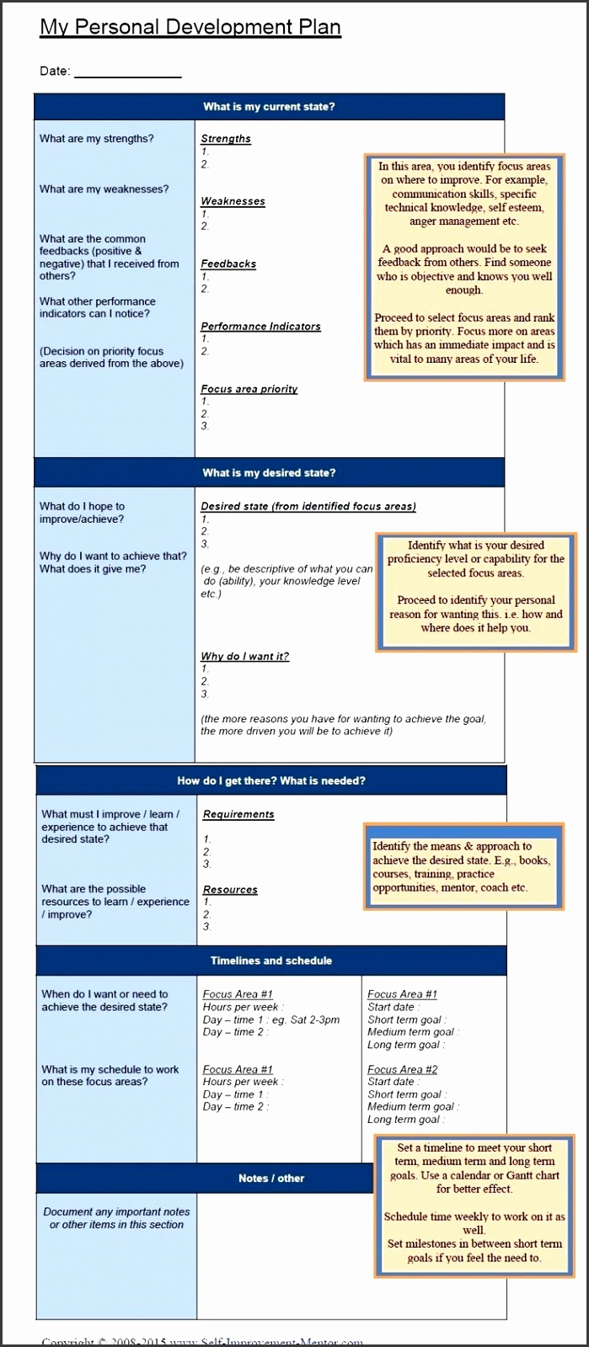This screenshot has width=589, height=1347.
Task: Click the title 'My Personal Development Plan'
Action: pos(190,27)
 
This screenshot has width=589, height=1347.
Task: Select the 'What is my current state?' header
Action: pos(269,107)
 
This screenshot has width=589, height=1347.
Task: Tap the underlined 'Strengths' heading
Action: pos(226,139)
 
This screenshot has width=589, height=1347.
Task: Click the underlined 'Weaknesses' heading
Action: pos(233,201)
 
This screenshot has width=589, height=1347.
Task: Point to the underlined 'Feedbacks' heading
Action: pos(228,264)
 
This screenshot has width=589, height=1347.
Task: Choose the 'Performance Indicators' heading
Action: pos(260,327)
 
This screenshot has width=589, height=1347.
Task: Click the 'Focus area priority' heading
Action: pos(249,389)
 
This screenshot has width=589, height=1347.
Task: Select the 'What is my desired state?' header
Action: pos(269,473)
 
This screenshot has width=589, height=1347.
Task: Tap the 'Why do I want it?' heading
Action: pos(244,657)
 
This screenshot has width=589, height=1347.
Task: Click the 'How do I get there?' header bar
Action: pos(271,781)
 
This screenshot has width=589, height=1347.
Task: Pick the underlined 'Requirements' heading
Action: pos(238,815)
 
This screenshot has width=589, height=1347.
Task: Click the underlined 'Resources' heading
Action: pos(230,890)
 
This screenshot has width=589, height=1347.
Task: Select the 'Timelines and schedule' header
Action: pos(271,961)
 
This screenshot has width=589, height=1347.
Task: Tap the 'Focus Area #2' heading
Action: pos(402,1069)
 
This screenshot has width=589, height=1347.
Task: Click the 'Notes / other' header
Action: pos(271,1179)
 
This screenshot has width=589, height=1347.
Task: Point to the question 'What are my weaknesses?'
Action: pos(104,189)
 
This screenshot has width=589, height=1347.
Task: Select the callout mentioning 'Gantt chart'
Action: pos(474,1203)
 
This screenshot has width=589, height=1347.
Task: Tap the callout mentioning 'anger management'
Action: pos(464,263)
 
